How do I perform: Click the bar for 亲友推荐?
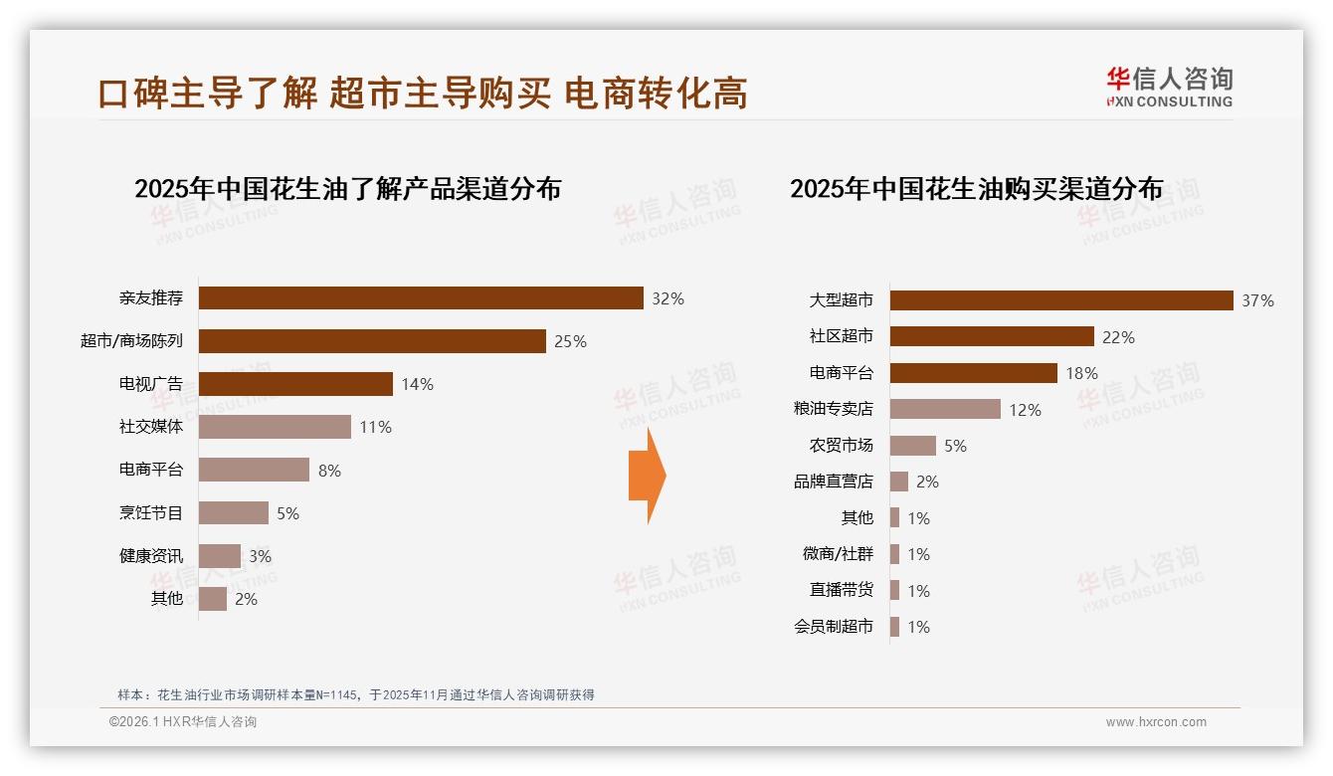[x=421, y=298]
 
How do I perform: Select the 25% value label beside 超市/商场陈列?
[x=570, y=341]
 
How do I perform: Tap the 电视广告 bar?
[x=295, y=384]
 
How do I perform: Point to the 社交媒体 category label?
[x=151, y=427]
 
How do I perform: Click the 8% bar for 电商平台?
[x=254, y=470]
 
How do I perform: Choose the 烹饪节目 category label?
[x=151, y=513]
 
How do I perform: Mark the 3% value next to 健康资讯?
[x=260, y=556]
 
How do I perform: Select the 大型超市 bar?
[x=1061, y=300]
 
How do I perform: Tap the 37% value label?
[x=1257, y=300]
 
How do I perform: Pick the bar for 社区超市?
[x=992, y=336]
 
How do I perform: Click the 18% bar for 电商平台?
[x=973, y=373]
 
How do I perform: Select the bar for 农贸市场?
[x=912, y=446]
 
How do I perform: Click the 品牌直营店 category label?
[x=833, y=482]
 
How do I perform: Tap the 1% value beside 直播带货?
[x=918, y=591]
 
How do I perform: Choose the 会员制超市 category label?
[x=833, y=627]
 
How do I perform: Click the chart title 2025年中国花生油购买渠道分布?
[x=976, y=189]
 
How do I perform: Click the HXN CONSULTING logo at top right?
[x=1169, y=88]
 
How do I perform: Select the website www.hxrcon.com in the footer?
[x=1156, y=722]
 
